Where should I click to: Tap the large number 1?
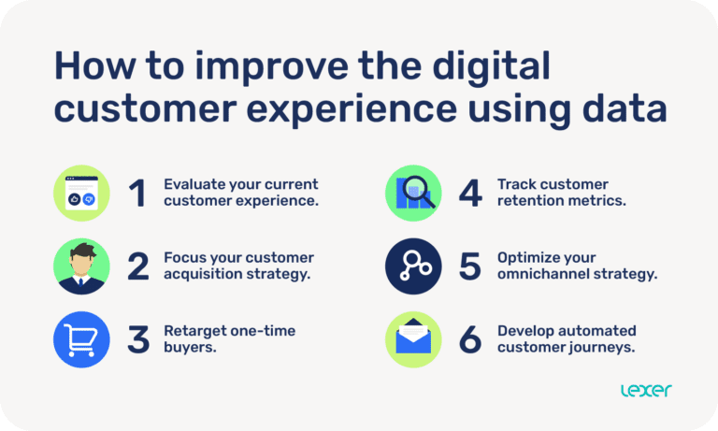tap(137, 193)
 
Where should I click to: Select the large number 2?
tap(137, 266)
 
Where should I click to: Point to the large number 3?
tap(137, 339)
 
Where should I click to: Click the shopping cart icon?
tap(81, 338)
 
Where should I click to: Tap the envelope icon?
tap(413, 338)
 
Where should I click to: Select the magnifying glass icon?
tap(413, 193)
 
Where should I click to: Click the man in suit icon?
tap(81, 266)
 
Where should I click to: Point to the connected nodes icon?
tap(413, 266)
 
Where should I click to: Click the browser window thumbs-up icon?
tap(81, 193)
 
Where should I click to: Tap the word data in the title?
tap(623, 108)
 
